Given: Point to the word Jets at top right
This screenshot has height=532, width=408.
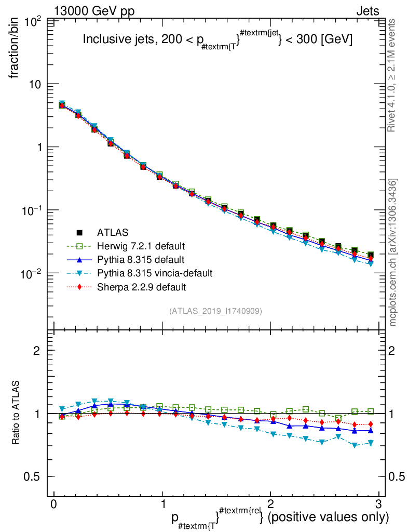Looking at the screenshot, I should coord(367,11).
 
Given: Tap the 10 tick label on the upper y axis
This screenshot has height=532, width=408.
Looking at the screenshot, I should coord(36,84).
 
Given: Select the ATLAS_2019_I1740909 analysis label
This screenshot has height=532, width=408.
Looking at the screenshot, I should coord(215,311).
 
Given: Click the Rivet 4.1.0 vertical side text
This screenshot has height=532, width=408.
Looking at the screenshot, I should coord(392,75).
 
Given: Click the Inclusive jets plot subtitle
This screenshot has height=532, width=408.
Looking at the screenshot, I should coord(218,41).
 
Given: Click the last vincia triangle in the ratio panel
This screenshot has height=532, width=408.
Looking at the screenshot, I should coord(370,443).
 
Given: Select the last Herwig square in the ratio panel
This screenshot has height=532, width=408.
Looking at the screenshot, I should coord(370,411).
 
